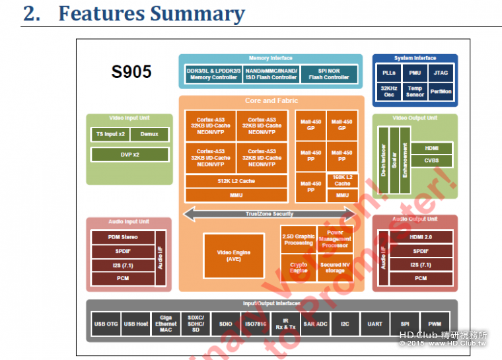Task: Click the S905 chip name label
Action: (x=131, y=72)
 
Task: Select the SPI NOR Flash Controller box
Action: (x=329, y=73)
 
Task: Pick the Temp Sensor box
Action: (x=415, y=91)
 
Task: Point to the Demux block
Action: (x=149, y=134)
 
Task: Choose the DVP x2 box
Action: (x=130, y=154)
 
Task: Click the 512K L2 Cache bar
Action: (x=236, y=181)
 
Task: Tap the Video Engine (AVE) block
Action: (x=233, y=255)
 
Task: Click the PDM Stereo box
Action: (x=123, y=236)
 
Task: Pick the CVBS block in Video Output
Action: (x=431, y=161)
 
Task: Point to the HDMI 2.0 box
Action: (x=421, y=236)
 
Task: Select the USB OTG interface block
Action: (x=106, y=324)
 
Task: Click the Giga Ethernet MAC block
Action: (x=166, y=324)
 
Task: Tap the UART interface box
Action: (x=375, y=324)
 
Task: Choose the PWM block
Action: (x=434, y=324)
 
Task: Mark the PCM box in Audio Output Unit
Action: (x=421, y=278)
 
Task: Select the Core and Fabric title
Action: (x=271, y=100)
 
